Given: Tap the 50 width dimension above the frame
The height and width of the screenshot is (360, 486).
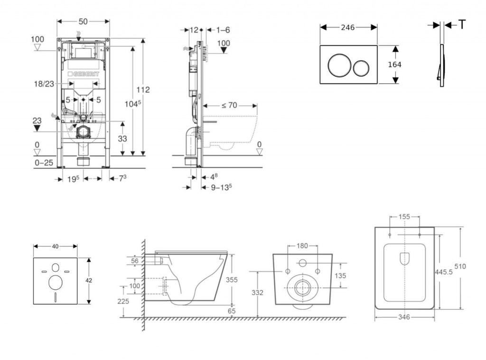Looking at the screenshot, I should point(83,21).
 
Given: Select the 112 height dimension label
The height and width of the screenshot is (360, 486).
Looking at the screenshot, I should point(143,90).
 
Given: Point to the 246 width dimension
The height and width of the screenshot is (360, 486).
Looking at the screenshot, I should point(348,28).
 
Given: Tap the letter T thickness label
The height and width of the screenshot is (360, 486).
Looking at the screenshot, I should point(462,25).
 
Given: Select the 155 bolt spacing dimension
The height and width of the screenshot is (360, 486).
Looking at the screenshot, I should point(404,217).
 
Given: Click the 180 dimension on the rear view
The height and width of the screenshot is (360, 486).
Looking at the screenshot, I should point(302,246).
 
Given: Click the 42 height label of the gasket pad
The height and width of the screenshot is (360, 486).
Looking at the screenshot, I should point(89,280).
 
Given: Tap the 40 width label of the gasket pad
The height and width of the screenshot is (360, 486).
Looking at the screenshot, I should point(55,246).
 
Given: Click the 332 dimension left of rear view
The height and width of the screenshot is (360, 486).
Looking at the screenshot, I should point(257,293).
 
